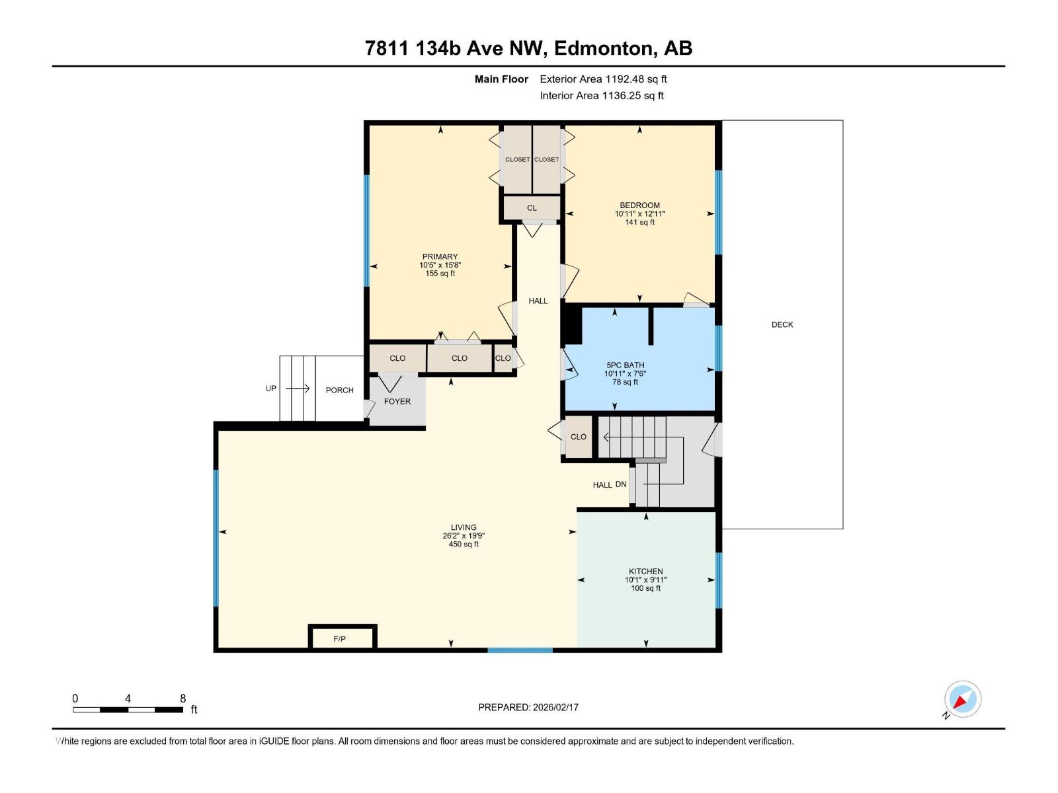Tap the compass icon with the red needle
click(x=963, y=699)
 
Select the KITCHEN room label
click(x=645, y=571)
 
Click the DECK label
click(x=782, y=324)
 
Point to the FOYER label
click(x=397, y=401)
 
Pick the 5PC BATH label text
click(x=625, y=365)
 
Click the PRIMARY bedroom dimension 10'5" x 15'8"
click(x=440, y=265)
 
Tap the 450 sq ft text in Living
click(x=464, y=545)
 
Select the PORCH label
click(x=339, y=390)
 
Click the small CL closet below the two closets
click(x=532, y=208)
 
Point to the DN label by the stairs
click(x=620, y=484)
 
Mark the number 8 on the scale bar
click(x=183, y=699)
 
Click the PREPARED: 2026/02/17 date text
click(x=528, y=707)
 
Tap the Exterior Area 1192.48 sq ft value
click(x=603, y=79)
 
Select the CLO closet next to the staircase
click(x=578, y=437)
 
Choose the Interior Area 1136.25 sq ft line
click(x=601, y=96)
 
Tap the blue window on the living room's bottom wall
click(x=520, y=650)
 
